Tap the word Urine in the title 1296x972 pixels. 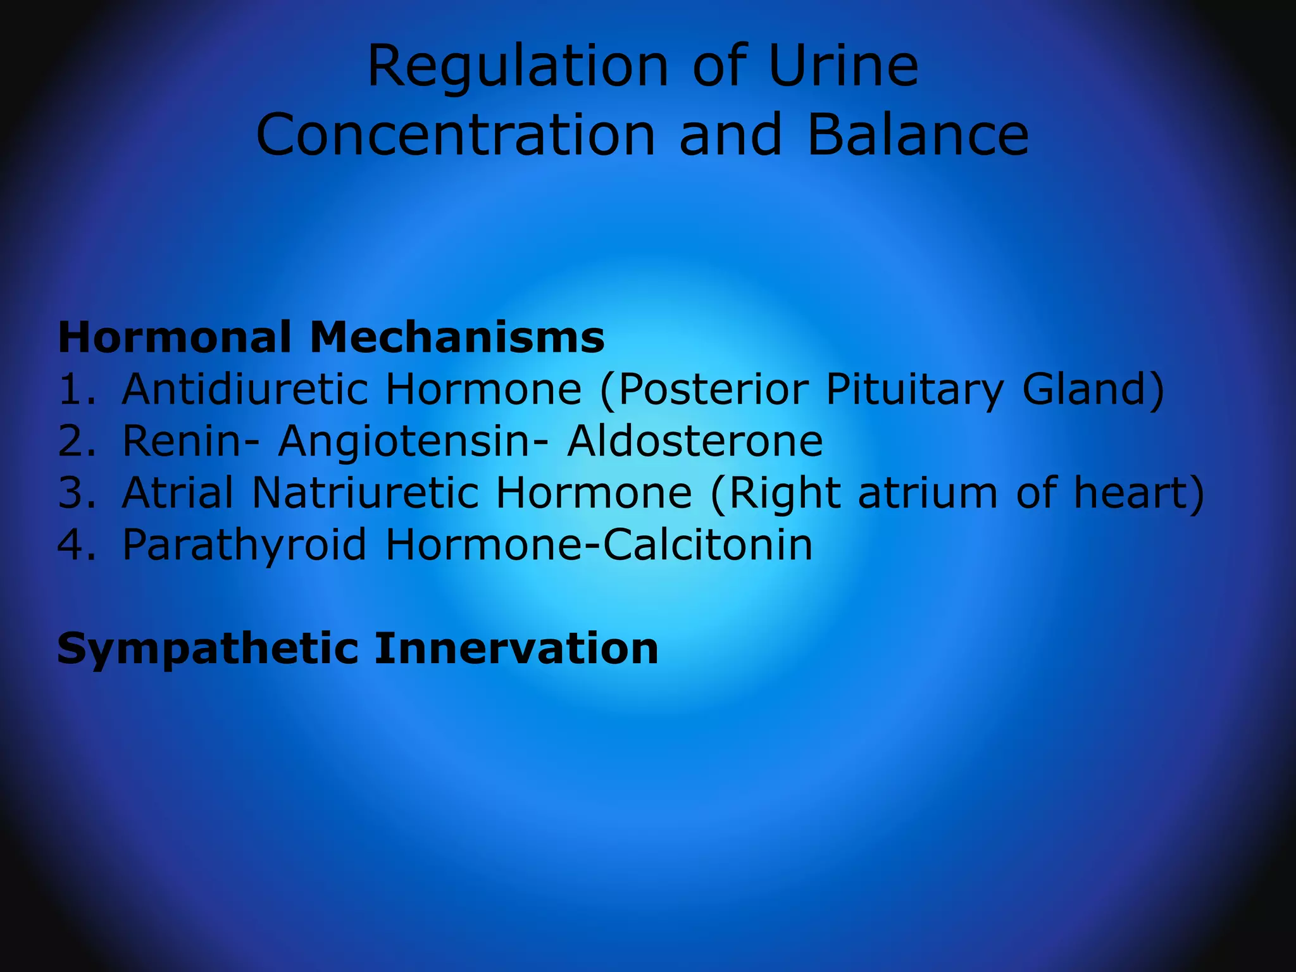click(x=843, y=66)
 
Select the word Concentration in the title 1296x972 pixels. click(x=456, y=135)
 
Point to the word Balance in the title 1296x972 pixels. click(x=918, y=135)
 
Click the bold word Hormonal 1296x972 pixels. click(x=175, y=337)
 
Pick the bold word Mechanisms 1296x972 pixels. click(x=457, y=337)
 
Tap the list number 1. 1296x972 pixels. click(x=76, y=389)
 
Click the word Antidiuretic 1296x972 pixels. click(x=245, y=389)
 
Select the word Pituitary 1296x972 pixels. click(x=914, y=390)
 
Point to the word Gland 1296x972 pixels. click(x=1092, y=389)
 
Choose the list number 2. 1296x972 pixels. click(x=76, y=441)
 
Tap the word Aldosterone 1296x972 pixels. click(x=695, y=441)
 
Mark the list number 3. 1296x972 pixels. click(x=76, y=493)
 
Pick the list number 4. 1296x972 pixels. click(x=76, y=545)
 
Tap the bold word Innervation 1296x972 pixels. click(x=516, y=649)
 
